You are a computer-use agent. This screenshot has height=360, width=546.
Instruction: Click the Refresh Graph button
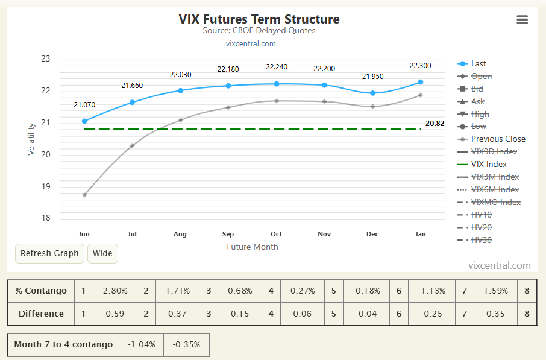(49, 253)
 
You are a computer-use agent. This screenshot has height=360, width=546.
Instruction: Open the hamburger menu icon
(522, 19)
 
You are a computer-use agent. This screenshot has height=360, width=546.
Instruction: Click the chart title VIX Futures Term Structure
(259, 19)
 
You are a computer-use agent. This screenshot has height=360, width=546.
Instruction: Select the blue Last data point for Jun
(84, 121)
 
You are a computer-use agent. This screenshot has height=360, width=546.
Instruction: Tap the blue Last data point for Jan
(420, 82)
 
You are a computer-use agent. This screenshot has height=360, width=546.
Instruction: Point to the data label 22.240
(276, 67)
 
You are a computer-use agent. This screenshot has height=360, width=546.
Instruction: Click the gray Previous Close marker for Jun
(84, 195)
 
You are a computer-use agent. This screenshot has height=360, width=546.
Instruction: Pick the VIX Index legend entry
(489, 164)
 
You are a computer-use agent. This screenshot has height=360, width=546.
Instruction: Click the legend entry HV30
(481, 240)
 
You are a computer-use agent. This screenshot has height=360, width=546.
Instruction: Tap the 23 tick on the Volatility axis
(46, 59)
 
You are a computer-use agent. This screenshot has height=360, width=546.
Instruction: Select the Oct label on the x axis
(276, 234)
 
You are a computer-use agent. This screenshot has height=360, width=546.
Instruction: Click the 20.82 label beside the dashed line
(435, 124)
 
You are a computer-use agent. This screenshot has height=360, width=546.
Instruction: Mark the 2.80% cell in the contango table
(115, 291)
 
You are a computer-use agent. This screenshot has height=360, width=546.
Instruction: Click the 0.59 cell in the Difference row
(115, 314)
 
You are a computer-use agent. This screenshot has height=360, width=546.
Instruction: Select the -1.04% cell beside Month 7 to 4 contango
(141, 344)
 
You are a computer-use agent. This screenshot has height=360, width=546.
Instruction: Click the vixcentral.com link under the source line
(251, 43)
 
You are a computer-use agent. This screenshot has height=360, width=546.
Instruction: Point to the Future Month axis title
(253, 247)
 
